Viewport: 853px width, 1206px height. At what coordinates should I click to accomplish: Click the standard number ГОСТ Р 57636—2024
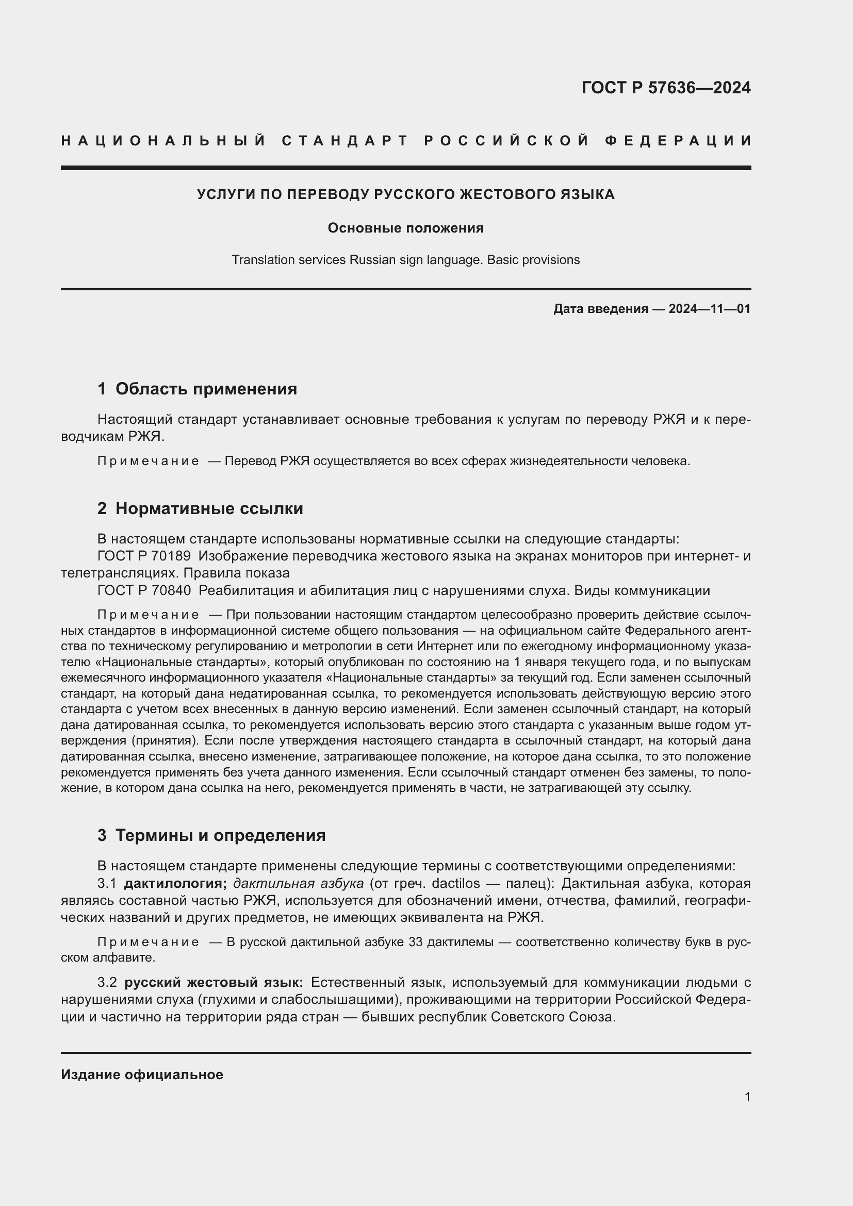point(665,88)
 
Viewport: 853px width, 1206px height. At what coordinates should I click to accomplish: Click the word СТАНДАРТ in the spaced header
point(345,141)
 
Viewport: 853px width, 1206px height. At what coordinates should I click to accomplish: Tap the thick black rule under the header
point(405,168)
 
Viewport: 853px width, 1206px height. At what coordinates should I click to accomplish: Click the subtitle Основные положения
point(405,228)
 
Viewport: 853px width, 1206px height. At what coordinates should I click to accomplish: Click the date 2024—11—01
point(709,309)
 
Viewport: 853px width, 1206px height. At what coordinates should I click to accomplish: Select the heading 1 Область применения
point(197,389)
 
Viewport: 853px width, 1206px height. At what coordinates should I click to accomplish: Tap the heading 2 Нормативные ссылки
point(200,509)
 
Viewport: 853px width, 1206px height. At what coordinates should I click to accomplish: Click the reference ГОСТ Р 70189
point(144,556)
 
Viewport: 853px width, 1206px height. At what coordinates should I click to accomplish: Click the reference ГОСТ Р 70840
point(144,590)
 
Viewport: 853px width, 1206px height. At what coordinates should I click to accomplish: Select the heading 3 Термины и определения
point(211,836)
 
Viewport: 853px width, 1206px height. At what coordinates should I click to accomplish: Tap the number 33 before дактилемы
point(415,943)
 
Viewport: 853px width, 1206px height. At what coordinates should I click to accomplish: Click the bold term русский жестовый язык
point(214,983)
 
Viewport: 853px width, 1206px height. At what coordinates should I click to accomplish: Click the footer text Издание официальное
point(142,1075)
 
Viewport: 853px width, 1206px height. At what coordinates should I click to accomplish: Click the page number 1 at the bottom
point(747,1097)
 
